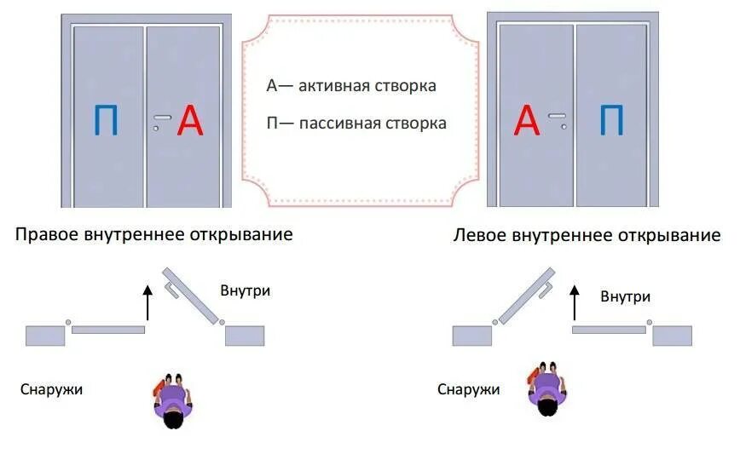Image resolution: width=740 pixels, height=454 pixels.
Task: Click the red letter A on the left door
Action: point(190,123)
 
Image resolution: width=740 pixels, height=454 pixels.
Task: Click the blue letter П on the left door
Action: point(107,123)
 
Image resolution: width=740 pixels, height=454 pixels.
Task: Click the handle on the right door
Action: point(557,116)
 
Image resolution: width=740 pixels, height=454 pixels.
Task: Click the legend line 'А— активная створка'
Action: point(351,86)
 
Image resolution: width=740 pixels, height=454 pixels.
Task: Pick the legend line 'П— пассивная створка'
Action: point(356,124)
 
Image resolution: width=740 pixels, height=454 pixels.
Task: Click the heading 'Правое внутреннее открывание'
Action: point(154,234)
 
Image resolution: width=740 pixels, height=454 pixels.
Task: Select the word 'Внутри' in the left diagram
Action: point(245,290)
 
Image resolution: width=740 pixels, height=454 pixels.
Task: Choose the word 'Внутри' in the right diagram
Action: point(625,296)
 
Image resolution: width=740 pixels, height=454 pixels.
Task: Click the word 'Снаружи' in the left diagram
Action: point(51,389)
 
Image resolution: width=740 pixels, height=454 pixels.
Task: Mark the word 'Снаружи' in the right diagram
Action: point(468,389)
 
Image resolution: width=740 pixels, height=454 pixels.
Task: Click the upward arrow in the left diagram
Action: point(147,302)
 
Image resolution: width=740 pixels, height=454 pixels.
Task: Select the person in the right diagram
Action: point(545,390)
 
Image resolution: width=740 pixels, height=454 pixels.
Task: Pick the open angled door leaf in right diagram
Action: point(527,295)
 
